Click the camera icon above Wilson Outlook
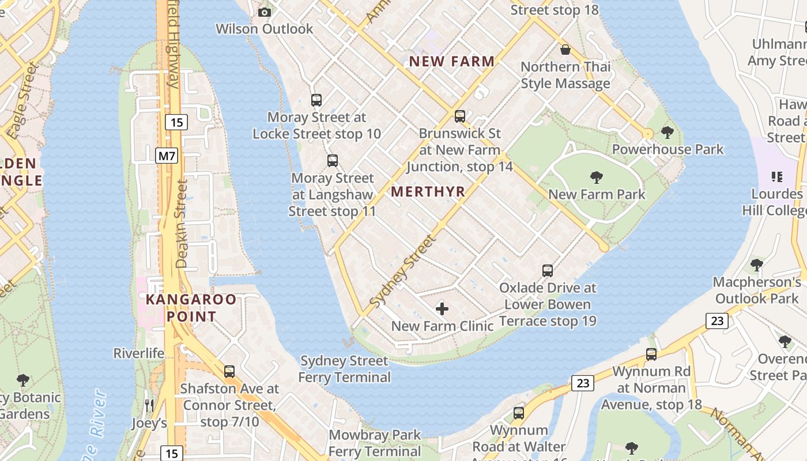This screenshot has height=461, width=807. pyautogui.click(x=264, y=12)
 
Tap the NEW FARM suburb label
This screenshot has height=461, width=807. pyautogui.click(x=452, y=61)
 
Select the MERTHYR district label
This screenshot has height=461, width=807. pyautogui.click(x=428, y=192)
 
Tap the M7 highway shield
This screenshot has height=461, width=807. pyautogui.click(x=167, y=156)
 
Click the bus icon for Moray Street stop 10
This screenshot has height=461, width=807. pyautogui.click(x=316, y=100)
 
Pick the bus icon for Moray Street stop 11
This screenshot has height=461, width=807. pyautogui.click(x=332, y=161)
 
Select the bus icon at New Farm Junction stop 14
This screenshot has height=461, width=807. pyautogui.click(x=459, y=116)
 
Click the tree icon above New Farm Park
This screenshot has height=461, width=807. pyautogui.click(x=597, y=177)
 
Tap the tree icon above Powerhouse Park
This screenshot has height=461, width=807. pyautogui.click(x=668, y=133)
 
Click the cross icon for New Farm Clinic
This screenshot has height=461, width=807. pyautogui.click(x=442, y=309)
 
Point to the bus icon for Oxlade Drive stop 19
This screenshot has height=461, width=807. pyautogui.click(x=547, y=270)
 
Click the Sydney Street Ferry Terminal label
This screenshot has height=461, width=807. pyautogui.click(x=344, y=369)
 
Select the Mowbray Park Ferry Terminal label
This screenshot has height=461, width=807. pyautogui.click(x=375, y=443)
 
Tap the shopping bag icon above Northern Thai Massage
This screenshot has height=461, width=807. pyautogui.click(x=565, y=50)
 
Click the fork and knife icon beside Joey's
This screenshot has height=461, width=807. pyautogui.click(x=149, y=406)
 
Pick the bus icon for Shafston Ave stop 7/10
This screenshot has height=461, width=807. pyautogui.click(x=229, y=372)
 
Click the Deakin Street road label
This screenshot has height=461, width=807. pyautogui.click(x=182, y=224)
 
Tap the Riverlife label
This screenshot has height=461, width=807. pyautogui.click(x=139, y=353)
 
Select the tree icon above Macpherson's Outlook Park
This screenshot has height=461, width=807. pyautogui.click(x=757, y=265)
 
